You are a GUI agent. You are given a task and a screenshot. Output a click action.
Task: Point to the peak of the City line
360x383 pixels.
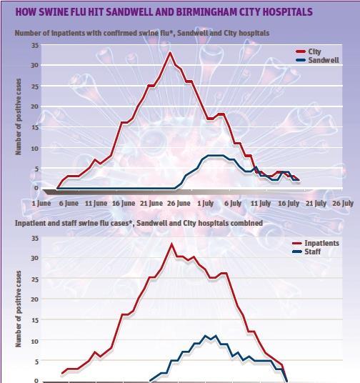pos(170,53)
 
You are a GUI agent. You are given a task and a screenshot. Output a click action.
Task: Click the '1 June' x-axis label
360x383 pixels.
pos(41,204)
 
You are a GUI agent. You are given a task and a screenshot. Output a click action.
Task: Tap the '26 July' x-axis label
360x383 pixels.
pos(342,204)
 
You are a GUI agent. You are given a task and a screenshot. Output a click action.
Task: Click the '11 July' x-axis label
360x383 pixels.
pos(259,204)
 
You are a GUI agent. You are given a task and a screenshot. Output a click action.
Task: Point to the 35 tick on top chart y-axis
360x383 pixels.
pos(35,45)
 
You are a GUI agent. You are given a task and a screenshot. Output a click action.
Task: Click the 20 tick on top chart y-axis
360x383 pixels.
pos(35,106)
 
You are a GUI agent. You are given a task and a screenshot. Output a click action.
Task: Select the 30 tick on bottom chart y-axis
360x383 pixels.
pos(35,257)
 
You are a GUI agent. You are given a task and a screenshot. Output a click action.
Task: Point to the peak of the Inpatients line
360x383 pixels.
pos(171,244)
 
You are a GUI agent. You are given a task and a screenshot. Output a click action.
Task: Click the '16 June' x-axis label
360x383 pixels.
pos(123,204)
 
